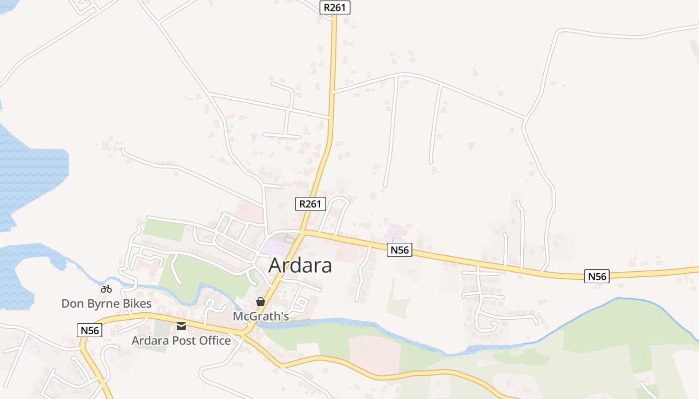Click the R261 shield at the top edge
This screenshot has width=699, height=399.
click(x=335, y=7)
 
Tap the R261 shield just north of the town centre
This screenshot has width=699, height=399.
click(x=311, y=203)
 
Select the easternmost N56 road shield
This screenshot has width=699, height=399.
click(x=597, y=276)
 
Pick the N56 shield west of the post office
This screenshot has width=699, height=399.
click(x=90, y=330)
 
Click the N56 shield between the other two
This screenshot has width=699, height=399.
click(x=399, y=250)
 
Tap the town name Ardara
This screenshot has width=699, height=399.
click(x=300, y=265)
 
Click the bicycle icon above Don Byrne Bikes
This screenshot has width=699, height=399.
click(x=106, y=289)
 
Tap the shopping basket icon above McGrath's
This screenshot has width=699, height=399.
click(x=261, y=302)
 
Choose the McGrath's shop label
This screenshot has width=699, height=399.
click(x=261, y=316)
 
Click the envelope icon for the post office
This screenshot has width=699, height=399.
click(x=181, y=326)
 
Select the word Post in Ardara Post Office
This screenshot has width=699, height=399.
click(x=184, y=341)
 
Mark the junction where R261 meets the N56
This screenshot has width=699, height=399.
click(x=304, y=232)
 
